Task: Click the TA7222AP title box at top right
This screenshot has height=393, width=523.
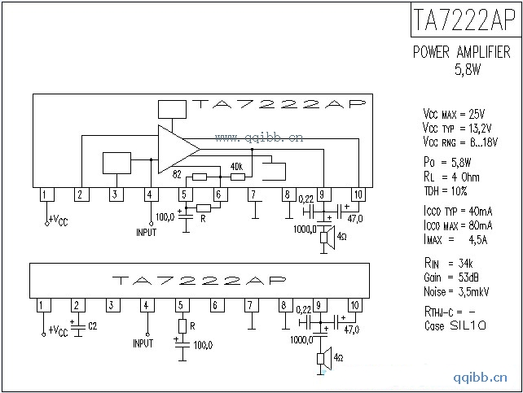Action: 464,20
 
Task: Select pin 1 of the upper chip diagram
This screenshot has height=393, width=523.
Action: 46,194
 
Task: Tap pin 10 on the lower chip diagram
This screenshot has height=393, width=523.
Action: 354,305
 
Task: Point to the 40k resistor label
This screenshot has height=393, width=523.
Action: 237,165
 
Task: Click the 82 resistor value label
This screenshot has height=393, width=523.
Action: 178,173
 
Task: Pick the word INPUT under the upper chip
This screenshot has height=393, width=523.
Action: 147,233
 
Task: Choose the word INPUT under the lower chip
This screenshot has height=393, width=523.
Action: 143,343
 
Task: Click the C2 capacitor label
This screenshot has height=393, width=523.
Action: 92,326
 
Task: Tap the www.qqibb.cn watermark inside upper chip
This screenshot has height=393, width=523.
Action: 259,138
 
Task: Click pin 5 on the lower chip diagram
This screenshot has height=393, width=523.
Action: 179,305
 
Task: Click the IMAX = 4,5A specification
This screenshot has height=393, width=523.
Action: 455,239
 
